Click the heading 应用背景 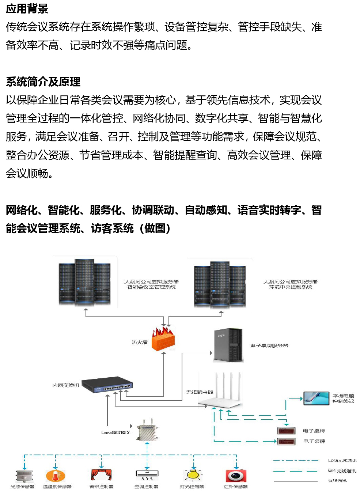coord(27,8)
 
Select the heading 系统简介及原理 coord(43,82)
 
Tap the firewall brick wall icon coord(163,339)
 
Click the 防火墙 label coord(140,342)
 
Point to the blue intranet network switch coord(107,385)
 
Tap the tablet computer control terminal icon coord(316,398)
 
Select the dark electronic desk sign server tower coord(228,345)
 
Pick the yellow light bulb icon coord(193,475)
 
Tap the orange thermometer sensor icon coord(56,476)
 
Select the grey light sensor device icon coord(23,476)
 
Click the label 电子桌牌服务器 coord(269,345)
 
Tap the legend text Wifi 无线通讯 coord(342,471)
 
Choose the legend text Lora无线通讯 coord(342,460)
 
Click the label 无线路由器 coord(200,392)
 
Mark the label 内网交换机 coord(66,385)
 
